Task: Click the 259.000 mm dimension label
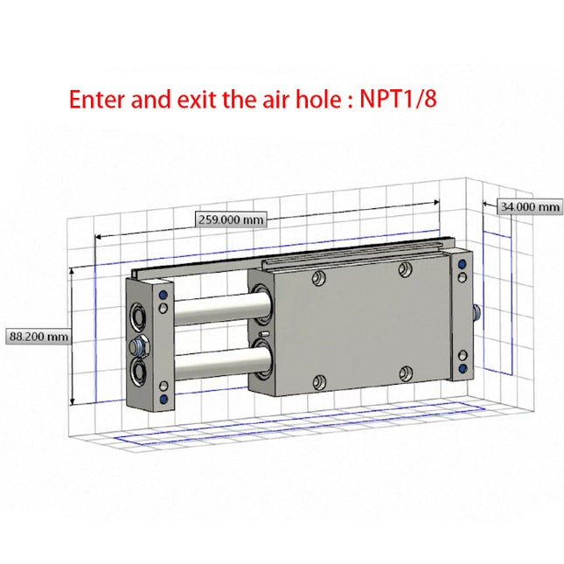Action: coord(231,220)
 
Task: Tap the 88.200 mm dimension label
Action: coord(38,336)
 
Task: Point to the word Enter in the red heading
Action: coord(99,98)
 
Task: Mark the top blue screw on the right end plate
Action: coord(462,265)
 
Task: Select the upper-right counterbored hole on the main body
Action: coord(403,268)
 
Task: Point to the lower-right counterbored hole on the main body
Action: coord(403,373)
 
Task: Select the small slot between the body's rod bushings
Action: coord(263,334)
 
